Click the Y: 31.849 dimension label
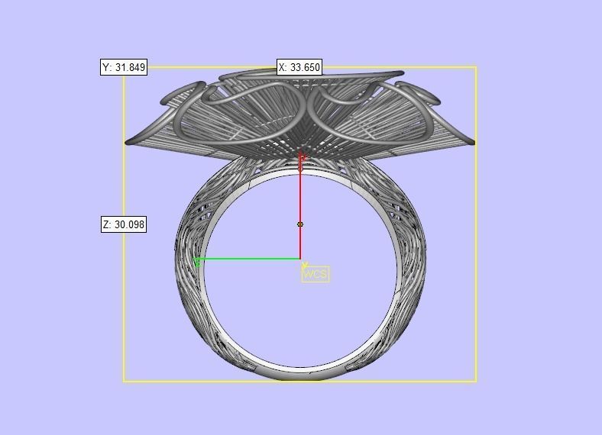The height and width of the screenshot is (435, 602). pos(123,67)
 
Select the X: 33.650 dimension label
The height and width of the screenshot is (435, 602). pos(299,67)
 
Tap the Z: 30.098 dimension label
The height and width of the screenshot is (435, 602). pos(123,224)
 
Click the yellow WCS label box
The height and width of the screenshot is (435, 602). pos(316,274)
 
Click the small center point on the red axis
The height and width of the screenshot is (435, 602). pos(300,224)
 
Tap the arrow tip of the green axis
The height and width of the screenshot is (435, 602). pos(198,262)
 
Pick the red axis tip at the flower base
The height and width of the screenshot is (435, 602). pos(301,158)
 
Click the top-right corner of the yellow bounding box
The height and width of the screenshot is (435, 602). pos(476,67)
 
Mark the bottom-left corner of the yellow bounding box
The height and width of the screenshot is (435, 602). pos(124,381)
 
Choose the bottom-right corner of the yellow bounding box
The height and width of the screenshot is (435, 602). pos(476,381)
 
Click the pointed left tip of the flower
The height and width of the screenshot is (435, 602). pos(128,141)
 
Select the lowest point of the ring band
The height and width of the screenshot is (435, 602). pos(300,378)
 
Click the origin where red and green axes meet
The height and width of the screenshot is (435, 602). pos(300,259)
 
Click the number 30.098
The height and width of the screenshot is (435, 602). pos(129,224)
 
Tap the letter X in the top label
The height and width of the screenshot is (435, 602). pos(283,67)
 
